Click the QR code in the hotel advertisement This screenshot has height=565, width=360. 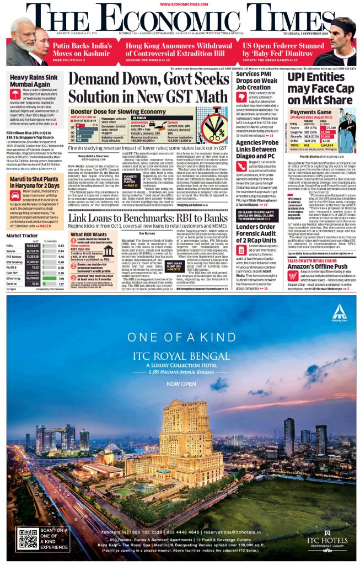[28, 537]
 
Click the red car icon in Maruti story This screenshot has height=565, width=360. [15, 195]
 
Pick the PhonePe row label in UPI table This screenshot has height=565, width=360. [297, 136]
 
